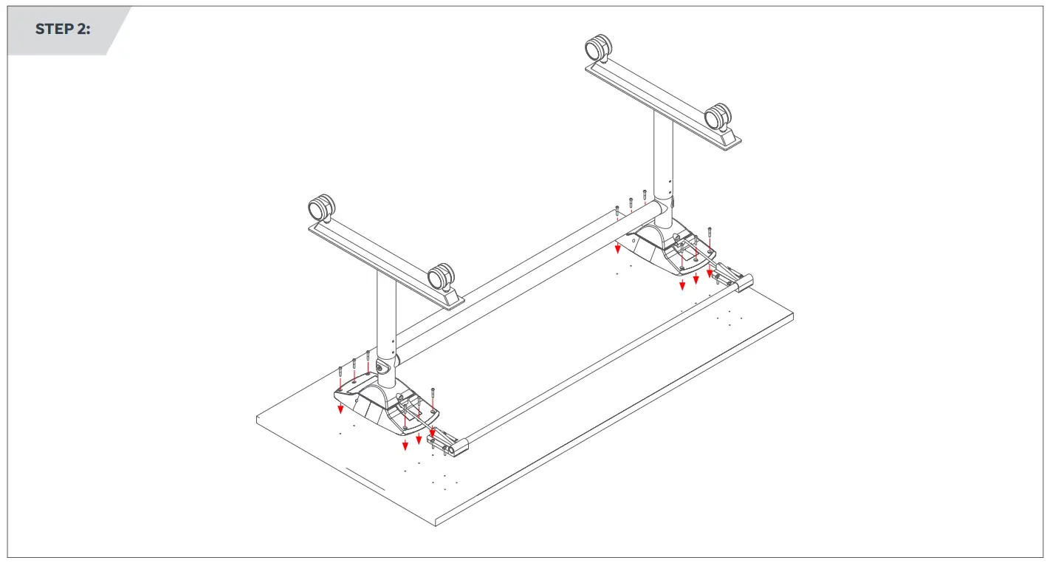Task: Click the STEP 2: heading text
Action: pyautogui.click(x=62, y=30)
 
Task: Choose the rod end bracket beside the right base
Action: pyautogui.click(x=732, y=279)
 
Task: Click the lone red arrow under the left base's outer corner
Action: pyautogui.click(x=340, y=408)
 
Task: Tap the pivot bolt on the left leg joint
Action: pyautogui.click(x=382, y=367)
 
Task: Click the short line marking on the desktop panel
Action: pyautogui.click(x=365, y=477)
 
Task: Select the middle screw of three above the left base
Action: pyautogui.click(x=354, y=364)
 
